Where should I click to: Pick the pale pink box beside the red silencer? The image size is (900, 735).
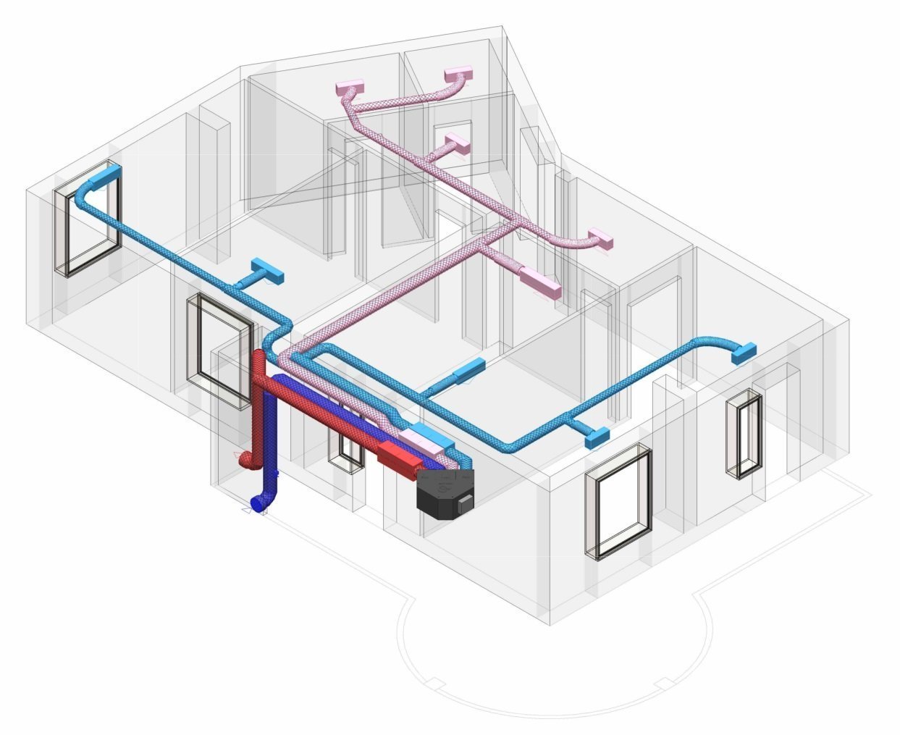pos(426,440)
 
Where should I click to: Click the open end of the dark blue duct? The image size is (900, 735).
pos(255,503)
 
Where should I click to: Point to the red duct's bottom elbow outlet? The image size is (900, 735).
pos(245,459)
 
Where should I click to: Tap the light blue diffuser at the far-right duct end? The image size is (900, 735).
pos(744,353)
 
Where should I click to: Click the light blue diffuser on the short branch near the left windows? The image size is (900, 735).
pos(267,272)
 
